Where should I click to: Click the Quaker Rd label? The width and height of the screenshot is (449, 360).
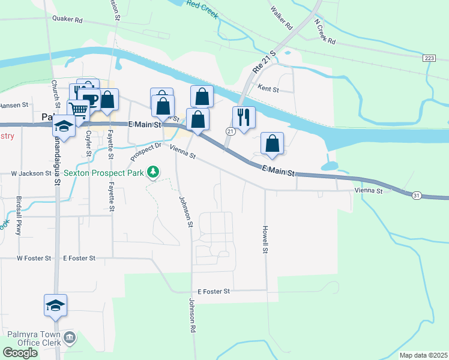(67, 19)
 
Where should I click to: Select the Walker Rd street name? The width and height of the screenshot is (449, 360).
(281, 19)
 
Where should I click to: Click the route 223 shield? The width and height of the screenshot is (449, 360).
(429, 58)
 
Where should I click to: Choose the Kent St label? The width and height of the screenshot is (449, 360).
(268, 89)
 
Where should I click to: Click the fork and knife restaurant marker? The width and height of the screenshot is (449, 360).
(244, 116)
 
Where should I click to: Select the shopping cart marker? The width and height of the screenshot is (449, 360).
(79, 109)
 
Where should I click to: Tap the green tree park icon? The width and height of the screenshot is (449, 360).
(154, 172)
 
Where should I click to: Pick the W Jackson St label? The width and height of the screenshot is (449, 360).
(32, 173)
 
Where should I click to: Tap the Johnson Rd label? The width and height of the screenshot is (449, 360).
(193, 316)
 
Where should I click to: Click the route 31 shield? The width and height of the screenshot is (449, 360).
(415, 195)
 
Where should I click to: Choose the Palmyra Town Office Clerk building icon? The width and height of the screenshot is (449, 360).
(70, 338)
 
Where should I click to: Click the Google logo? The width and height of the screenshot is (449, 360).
(20, 353)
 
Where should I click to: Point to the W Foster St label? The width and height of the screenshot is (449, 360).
(34, 258)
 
